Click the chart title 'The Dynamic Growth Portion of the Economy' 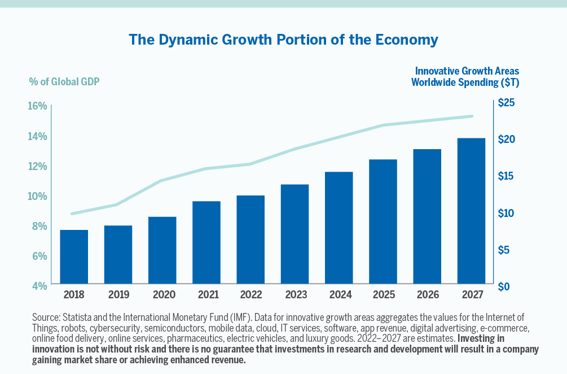click(x=283, y=40)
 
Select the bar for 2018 click(x=74, y=256)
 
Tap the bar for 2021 click(x=206, y=242)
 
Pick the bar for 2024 click(x=339, y=228)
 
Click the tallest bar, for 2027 click(x=471, y=211)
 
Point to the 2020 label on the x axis click(x=162, y=294)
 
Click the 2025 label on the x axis click(x=383, y=294)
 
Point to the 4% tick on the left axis click(x=38, y=286)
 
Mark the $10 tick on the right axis click(x=507, y=213)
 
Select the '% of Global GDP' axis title click(x=64, y=81)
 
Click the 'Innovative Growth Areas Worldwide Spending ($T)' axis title click(x=466, y=76)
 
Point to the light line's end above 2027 click(x=472, y=116)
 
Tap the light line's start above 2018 click(x=72, y=214)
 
